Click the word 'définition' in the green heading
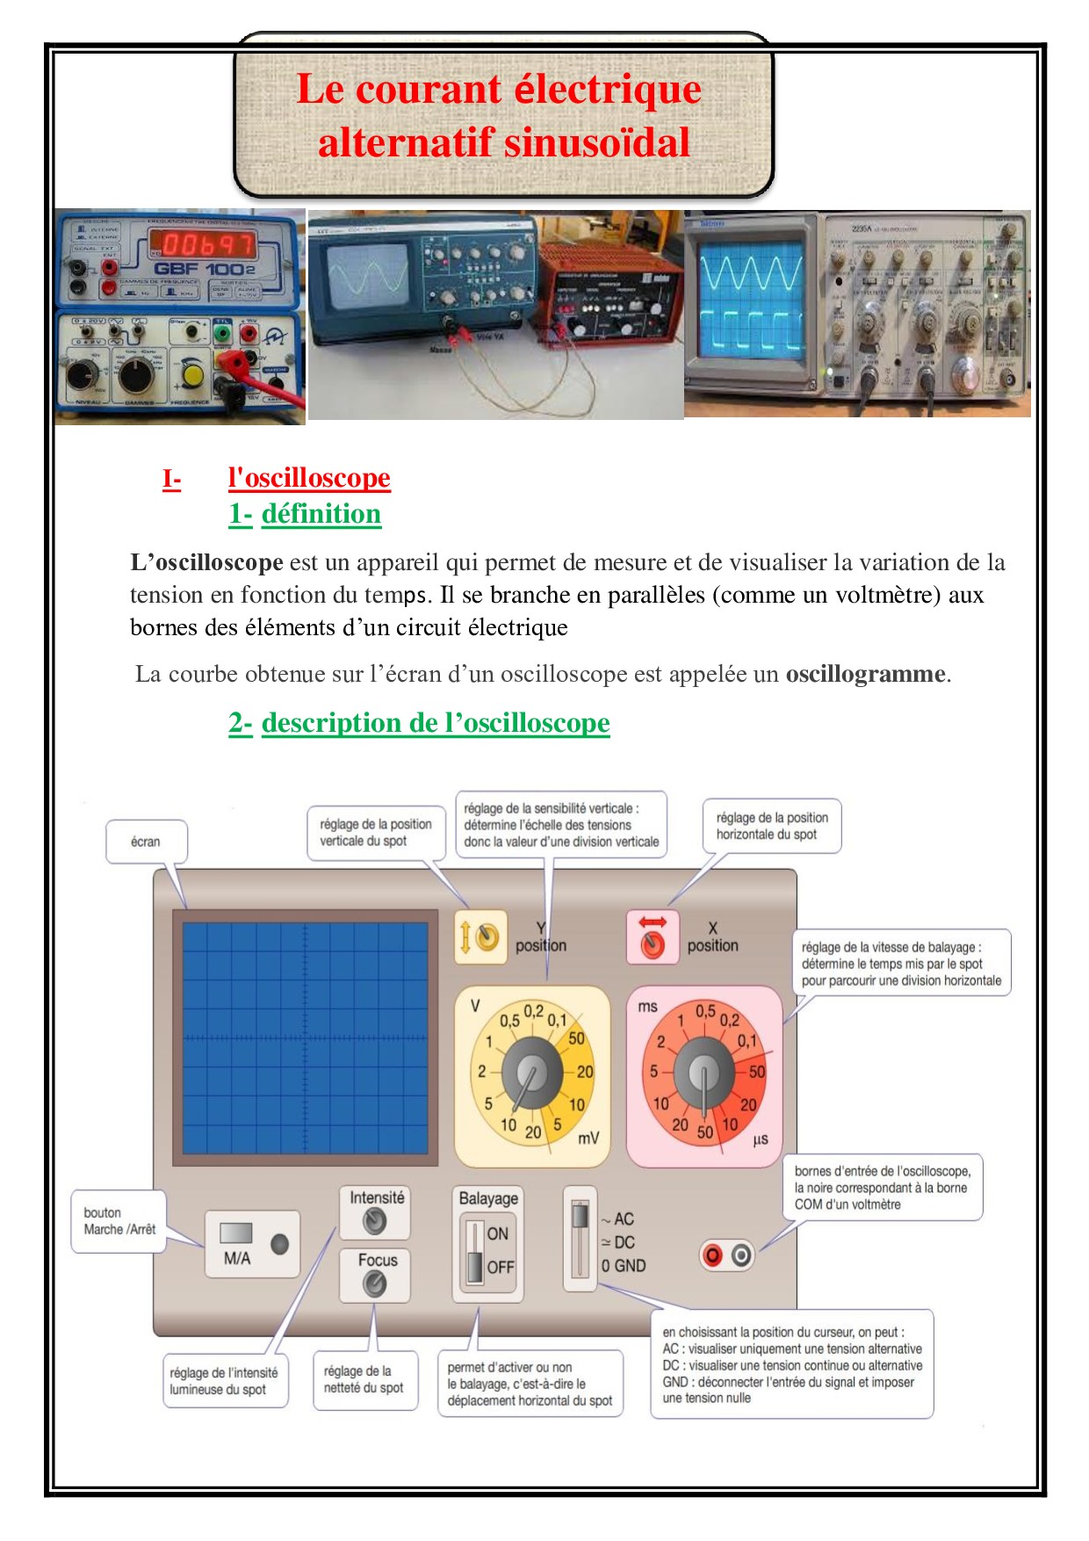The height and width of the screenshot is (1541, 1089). (321, 514)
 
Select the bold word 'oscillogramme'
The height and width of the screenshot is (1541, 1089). (865, 674)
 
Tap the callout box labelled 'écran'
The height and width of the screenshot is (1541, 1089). (146, 842)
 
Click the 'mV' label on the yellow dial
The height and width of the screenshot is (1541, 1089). (588, 1138)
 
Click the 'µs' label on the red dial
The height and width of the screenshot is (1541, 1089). (761, 1139)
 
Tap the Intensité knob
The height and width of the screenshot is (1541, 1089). (375, 1221)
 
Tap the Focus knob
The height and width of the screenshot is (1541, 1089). (375, 1284)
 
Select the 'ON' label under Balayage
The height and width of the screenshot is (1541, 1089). (498, 1234)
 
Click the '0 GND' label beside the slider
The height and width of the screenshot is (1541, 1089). (624, 1266)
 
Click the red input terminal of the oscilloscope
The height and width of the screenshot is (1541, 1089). (713, 1255)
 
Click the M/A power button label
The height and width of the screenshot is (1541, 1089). (237, 1258)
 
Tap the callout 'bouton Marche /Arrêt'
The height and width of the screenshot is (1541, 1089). (119, 1220)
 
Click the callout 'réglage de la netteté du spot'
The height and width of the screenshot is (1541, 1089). (364, 1379)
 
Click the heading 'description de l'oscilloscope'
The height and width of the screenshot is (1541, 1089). (436, 723)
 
